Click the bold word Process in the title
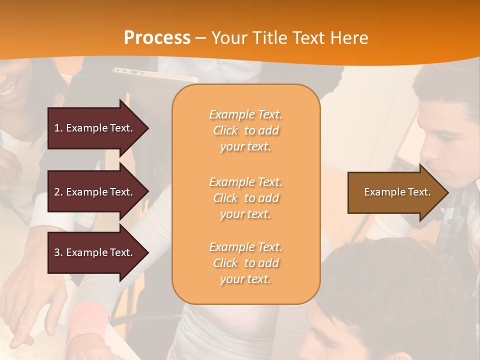pyautogui.click(x=157, y=38)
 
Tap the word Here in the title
pyautogui.click(x=349, y=38)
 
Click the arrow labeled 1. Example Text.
pyautogui.click(x=95, y=128)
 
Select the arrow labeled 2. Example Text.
pyautogui.click(x=95, y=192)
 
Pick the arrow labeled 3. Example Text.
pyautogui.click(x=95, y=252)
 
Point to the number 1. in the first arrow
pyautogui.click(x=58, y=128)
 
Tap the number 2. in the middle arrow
pyautogui.click(x=58, y=192)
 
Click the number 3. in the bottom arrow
pyautogui.click(x=58, y=252)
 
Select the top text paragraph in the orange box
pyautogui.click(x=245, y=130)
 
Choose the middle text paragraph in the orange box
pyautogui.click(x=245, y=198)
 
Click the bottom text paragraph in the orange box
pyautogui.click(x=245, y=263)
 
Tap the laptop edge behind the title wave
pyautogui.click(x=155, y=73)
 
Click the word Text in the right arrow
pyautogui.click(x=419, y=192)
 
